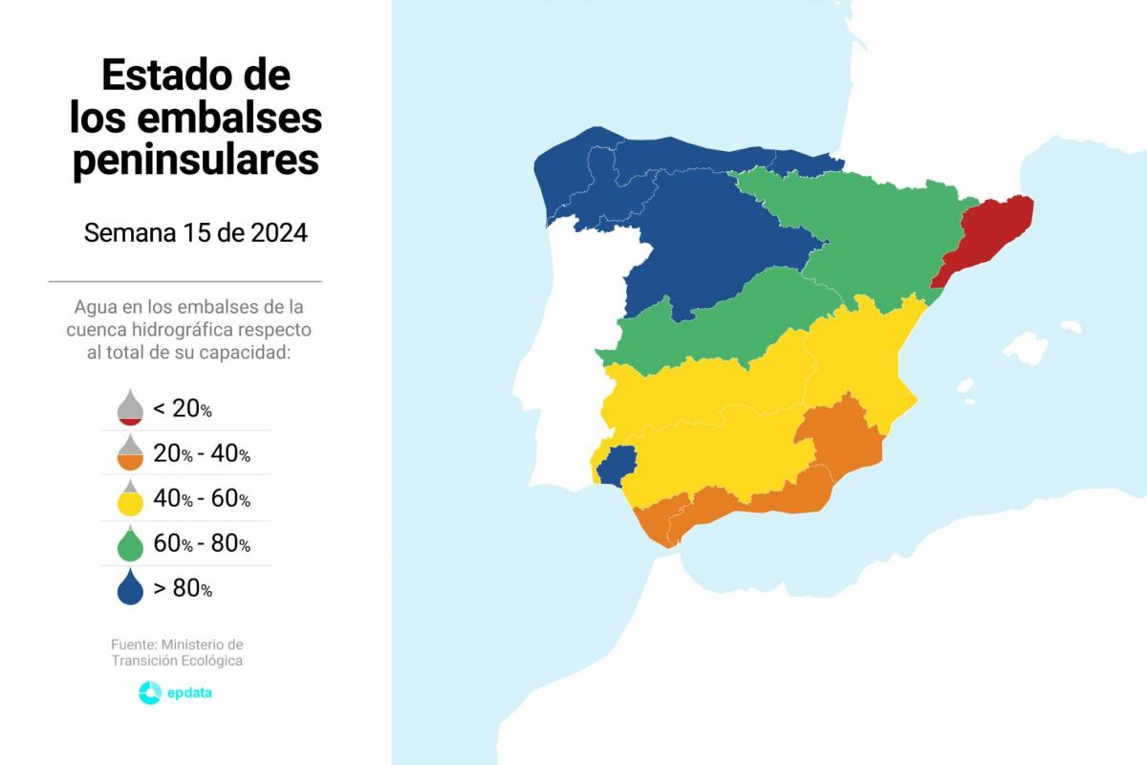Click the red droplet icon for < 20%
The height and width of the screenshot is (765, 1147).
coord(130,407)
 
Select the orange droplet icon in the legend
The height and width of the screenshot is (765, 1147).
coord(130,453)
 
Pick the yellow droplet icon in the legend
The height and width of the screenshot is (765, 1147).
coord(130,499)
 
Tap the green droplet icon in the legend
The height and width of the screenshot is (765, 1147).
coord(130,544)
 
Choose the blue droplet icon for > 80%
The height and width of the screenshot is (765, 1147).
coord(130,588)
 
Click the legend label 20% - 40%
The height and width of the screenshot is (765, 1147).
coord(202,454)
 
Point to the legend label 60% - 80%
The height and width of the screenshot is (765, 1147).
coord(202,544)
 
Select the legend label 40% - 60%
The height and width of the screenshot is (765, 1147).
coord(202,499)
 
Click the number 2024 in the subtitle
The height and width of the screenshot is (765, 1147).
coord(279,233)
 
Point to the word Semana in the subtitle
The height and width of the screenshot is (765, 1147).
coord(122,233)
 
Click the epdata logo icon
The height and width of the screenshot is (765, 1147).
coord(150,693)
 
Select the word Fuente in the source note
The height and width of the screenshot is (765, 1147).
coord(133,645)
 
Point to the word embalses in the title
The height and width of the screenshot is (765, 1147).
coord(229,118)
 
